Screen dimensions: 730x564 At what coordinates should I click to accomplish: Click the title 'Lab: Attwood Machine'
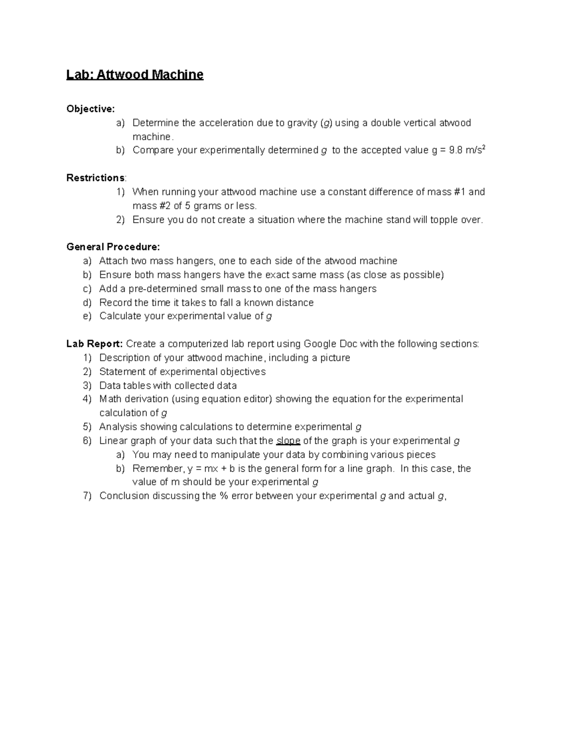(134, 75)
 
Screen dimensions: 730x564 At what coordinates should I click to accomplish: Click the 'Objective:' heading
(90, 109)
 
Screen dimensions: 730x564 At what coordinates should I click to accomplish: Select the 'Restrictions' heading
(95, 178)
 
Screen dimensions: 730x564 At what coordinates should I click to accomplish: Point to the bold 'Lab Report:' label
(94, 344)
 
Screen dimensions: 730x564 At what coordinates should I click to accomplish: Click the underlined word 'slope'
(288, 441)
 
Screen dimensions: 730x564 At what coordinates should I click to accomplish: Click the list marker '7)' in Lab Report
(87, 496)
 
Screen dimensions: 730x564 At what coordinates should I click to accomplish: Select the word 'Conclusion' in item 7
(124, 496)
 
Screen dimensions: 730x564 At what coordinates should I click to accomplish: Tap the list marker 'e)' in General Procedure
(87, 316)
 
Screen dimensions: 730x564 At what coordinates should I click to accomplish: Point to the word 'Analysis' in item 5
(118, 427)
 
